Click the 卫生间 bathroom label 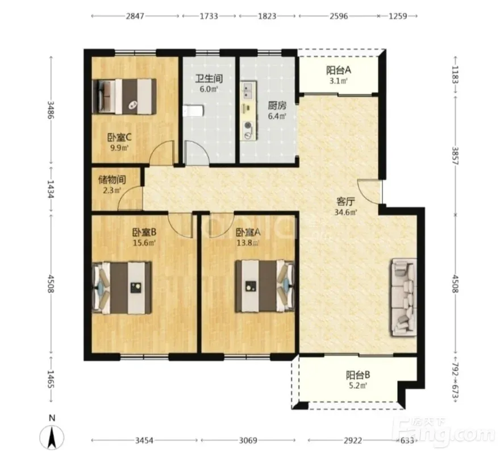(209, 78)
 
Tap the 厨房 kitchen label (277, 105)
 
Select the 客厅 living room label (345, 202)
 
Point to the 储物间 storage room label (112, 180)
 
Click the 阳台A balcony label (338, 70)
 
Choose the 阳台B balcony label (358, 375)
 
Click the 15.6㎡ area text (144, 243)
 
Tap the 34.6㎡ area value (345, 212)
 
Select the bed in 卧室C (124, 97)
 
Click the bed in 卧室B (122, 288)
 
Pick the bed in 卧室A (265, 286)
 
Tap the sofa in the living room (403, 297)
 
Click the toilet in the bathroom (193, 111)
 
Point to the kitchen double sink (249, 90)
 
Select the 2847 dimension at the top (135, 16)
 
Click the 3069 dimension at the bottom (248, 440)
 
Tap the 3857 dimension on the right (455, 156)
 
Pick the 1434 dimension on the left (51, 189)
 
